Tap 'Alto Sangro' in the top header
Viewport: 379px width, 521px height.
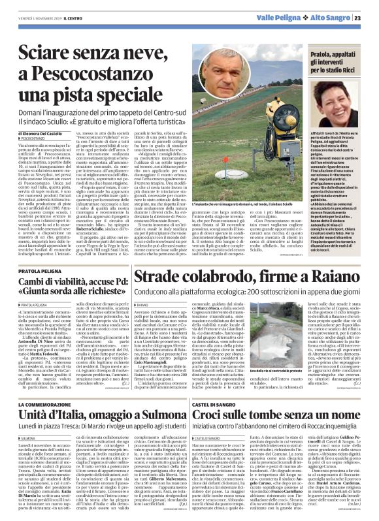coord(335,18)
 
